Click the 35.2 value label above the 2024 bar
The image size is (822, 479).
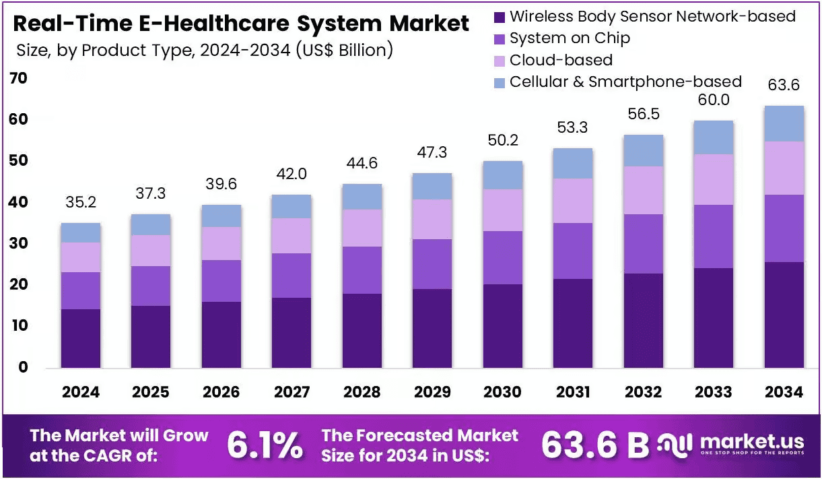pyautogui.click(x=81, y=202)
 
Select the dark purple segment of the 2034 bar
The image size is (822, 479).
pyautogui.click(x=784, y=315)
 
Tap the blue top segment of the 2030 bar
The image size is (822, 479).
pyautogui.click(x=503, y=175)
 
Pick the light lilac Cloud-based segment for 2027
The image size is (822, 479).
pyautogui.click(x=292, y=236)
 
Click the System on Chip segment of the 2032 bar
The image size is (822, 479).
pyautogui.click(x=644, y=244)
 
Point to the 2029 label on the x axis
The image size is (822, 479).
pyautogui.click(x=432, y=392)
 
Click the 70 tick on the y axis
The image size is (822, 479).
pyautogui.click(x=18, y=78)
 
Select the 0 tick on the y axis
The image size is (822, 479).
pyautogui.click(x=23, y=367)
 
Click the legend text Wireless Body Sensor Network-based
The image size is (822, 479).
pyautogui.click(x=652, y=17)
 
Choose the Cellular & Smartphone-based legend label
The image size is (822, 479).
pyautogui.click(x=625, y=82)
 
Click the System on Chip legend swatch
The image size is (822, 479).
pyautogui.click(x=500, y=39)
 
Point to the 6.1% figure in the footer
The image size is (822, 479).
pyautogui.click(x=265, y=445)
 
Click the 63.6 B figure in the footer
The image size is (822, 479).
pyautogui.click(x=595, y=445)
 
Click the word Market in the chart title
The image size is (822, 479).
pyautogui.click(x=429, y=24)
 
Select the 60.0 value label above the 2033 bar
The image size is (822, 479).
pyautogui.click(x=714, y=100)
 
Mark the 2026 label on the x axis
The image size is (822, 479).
pyautogui.click(x=221, y=392)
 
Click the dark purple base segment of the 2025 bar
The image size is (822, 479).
pyautogui.click(x=151, y=337)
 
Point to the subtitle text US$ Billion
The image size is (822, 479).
pyautogui.click(x=345, y=51)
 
